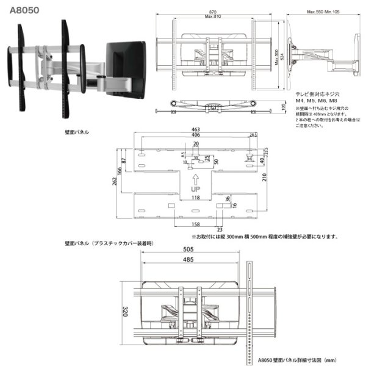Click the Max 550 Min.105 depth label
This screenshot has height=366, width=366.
click(324, 12)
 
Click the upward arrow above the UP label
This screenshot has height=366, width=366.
click(195, 179)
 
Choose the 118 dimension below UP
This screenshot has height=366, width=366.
click(195, 198)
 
